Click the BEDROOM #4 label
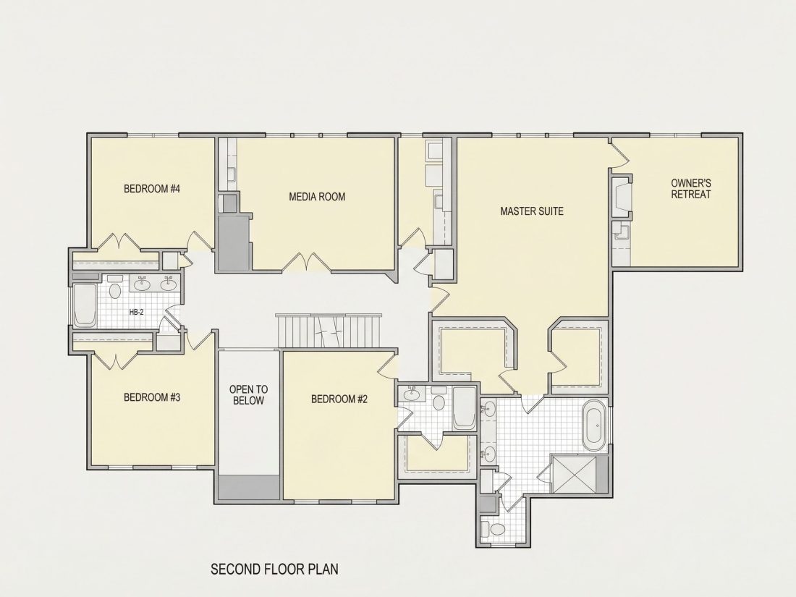click(x=152, y=189)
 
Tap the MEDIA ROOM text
click(x=317, y=196)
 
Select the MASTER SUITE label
click(x=532, y=211)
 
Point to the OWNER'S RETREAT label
click(x=691, y=188)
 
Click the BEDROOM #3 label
click(x=152, y=397)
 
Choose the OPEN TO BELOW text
click(x=249, y=395)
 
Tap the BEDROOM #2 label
click(x=339, y=399)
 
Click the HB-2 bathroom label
click(x=137, y=312)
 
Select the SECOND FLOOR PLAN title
click(x=275, y=569)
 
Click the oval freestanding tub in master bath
click(x=594, y=426)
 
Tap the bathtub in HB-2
click(x=85, y=305)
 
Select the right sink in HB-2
click(x=169, y=284)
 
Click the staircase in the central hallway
click(x=329, y=331)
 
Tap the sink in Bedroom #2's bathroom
click(x=412, y=394)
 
